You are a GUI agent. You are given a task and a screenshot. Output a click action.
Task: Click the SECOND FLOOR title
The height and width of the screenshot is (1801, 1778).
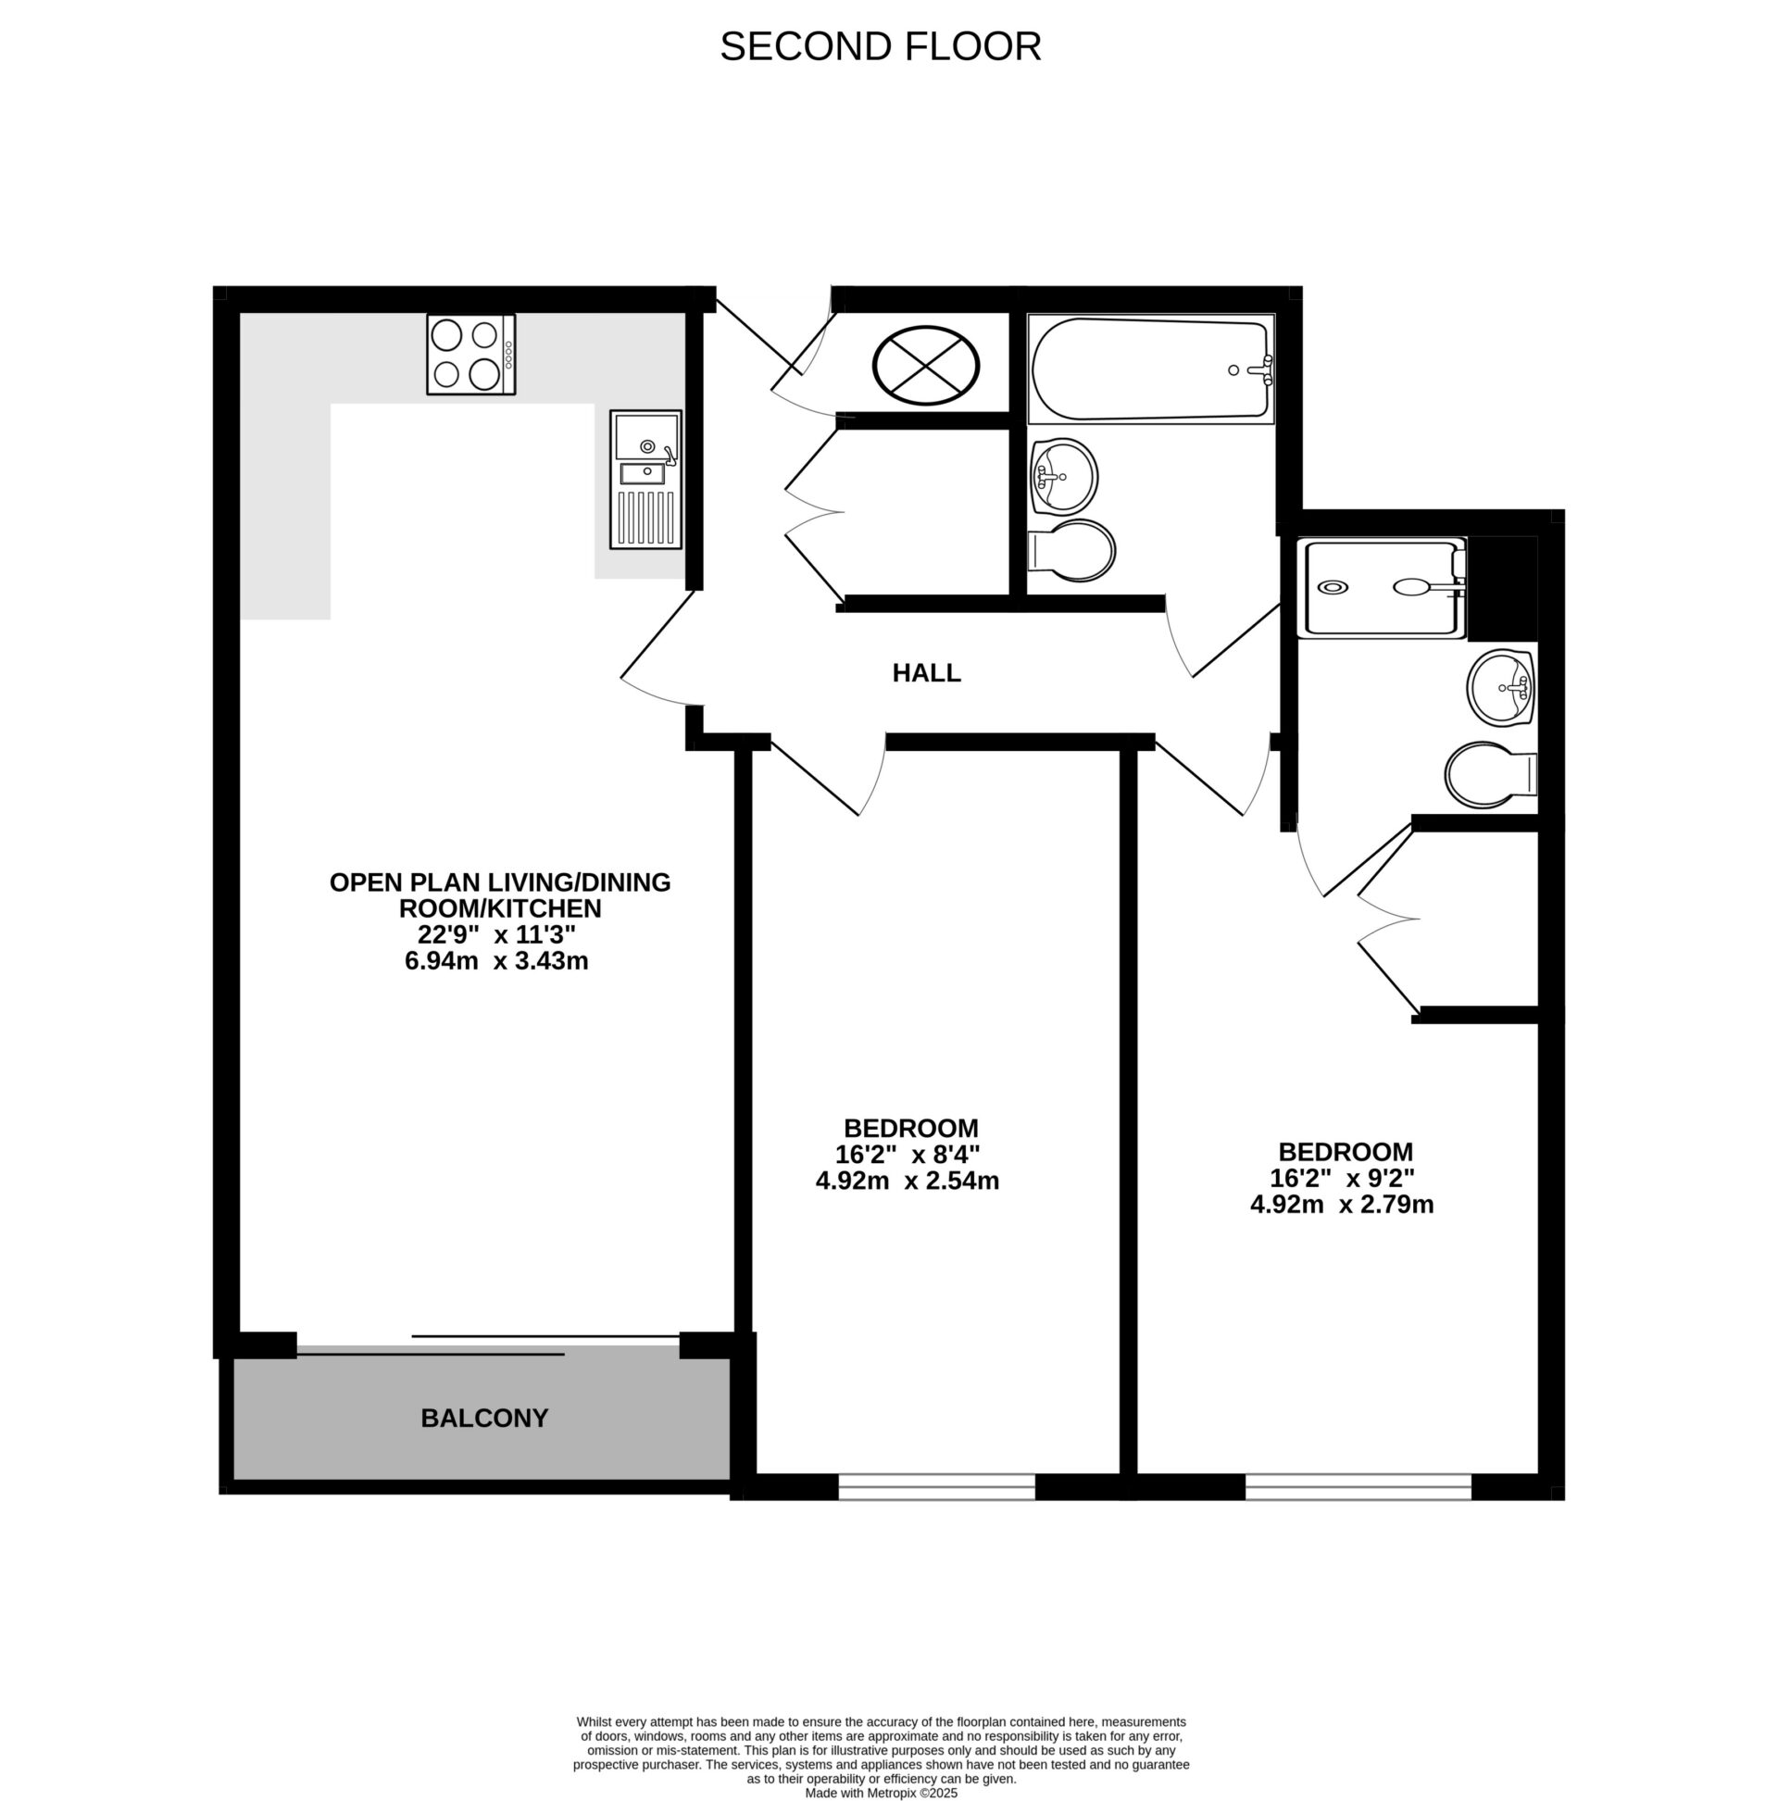click(879, 46)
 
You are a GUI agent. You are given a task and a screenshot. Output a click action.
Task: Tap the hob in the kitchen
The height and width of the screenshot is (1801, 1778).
click(470, 355)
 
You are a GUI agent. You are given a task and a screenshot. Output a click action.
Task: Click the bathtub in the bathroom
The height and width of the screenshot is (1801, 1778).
click(1149, 369)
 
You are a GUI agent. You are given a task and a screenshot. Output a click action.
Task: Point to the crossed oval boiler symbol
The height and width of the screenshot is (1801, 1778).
click(925, 366)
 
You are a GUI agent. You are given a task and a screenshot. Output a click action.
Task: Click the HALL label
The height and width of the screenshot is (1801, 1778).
click(926, 673)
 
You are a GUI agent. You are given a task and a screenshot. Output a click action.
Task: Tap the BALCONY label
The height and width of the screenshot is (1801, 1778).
click(484, 1418)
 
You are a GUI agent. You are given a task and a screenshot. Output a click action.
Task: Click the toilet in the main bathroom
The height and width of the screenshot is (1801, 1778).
click(1071, 551)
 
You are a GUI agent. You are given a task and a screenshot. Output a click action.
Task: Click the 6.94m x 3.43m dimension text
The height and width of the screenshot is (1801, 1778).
click(496, 961)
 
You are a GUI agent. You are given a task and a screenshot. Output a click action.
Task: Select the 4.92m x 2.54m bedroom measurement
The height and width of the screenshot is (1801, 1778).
click(907, 1182)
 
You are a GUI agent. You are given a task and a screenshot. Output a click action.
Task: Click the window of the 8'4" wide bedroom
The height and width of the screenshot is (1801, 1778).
click(936, 1486)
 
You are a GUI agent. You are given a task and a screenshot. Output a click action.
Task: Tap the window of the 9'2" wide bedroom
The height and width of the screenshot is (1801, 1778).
click(1357, 1486)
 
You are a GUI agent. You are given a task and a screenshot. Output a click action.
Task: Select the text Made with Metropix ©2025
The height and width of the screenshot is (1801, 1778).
click(880, 1793)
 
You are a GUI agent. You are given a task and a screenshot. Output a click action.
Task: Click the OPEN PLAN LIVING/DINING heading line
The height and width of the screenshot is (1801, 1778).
click(500, 882)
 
